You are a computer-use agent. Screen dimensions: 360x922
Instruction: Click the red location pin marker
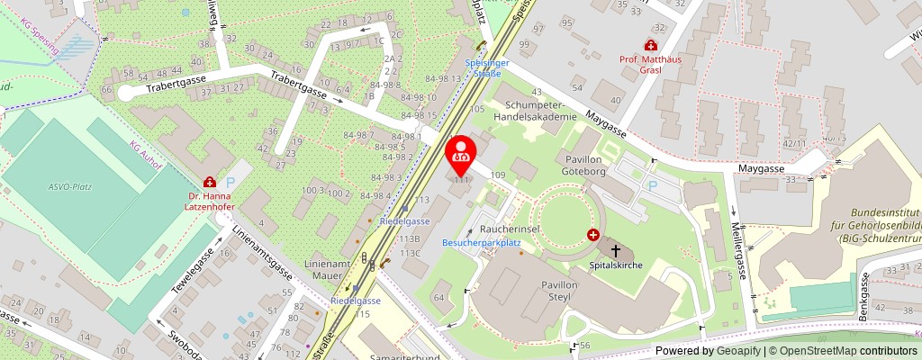point(461,154)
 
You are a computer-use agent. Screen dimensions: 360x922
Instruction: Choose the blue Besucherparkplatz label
point(482,243)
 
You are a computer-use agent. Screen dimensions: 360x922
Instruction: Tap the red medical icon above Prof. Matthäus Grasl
point(650,45)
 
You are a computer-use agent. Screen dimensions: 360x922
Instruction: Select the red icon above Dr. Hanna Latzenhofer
point(209,181)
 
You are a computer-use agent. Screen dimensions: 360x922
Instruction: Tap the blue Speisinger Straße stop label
point(488,67)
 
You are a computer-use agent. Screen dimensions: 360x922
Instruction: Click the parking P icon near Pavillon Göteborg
point(654,184)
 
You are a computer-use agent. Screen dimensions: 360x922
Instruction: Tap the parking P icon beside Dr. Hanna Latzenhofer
point(230,182)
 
